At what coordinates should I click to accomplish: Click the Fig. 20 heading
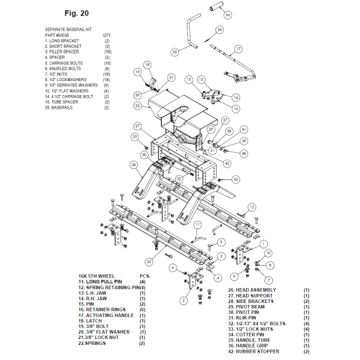point(77,13)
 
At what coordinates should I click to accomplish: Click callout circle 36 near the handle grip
point(227,15)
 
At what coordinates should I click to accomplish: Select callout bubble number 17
point(238,48)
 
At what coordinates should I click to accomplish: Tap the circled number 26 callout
point(137,105)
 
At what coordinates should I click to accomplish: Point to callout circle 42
point(227,164)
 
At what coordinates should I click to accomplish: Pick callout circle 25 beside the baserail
point(149,262)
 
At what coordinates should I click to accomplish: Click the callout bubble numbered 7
point(268,280)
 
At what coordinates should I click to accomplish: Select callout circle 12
point(252,207)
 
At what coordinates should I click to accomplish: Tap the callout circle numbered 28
point(134,165)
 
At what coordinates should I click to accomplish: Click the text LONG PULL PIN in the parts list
point(104,281)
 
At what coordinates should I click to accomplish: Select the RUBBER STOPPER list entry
point(257,351)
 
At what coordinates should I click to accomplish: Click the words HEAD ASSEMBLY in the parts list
point(256,290)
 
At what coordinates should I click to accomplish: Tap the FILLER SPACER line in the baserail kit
point(64,52)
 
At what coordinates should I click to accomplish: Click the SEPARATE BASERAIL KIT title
point(68,29)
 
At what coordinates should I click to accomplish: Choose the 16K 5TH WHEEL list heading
point(96,276)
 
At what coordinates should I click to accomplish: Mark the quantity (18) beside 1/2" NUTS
point(107,74)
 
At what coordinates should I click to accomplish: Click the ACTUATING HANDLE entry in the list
point(110,315)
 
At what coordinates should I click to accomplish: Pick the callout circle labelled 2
point(183,301)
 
